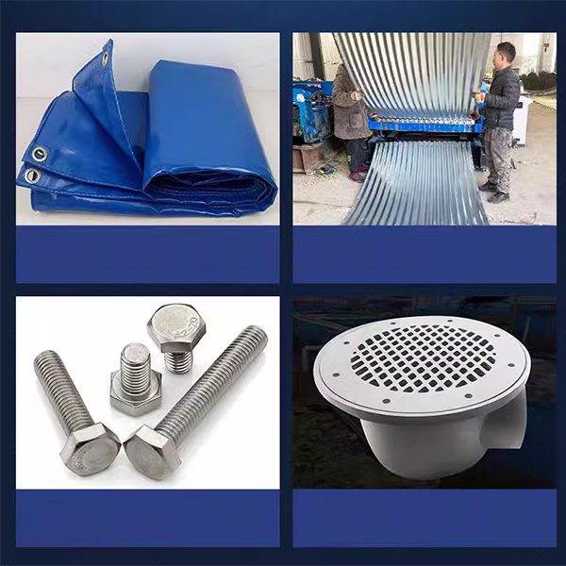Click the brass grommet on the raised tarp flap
coord(106,59)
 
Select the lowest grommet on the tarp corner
coord(32,175)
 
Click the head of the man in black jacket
coord(506,53)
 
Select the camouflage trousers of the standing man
coord(497,157)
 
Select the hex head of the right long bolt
coord(151,452)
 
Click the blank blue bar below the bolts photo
coord(147,518)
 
